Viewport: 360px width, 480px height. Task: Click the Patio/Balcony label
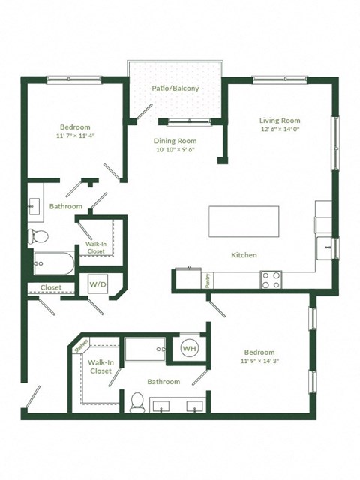pos(175,89)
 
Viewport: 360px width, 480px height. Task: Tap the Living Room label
pos(280,121)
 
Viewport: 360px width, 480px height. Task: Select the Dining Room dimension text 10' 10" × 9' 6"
pos(175,149)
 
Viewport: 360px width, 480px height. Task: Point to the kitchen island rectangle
pos(244,221)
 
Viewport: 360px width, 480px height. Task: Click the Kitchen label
pos(244,255)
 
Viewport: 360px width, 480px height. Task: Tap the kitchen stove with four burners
pos(271,280)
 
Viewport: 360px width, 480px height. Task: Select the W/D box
pos(97,285)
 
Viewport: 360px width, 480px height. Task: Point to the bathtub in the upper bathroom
pos(53,263)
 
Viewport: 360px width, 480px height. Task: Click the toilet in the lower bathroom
pos(137,402)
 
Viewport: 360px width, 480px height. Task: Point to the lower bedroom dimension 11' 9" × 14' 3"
pos(259,361)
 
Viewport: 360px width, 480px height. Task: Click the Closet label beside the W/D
pos(50,287)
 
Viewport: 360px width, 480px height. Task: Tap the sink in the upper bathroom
pos(35,206)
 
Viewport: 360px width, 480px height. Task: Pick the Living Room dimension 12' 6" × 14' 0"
pos(280,130)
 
